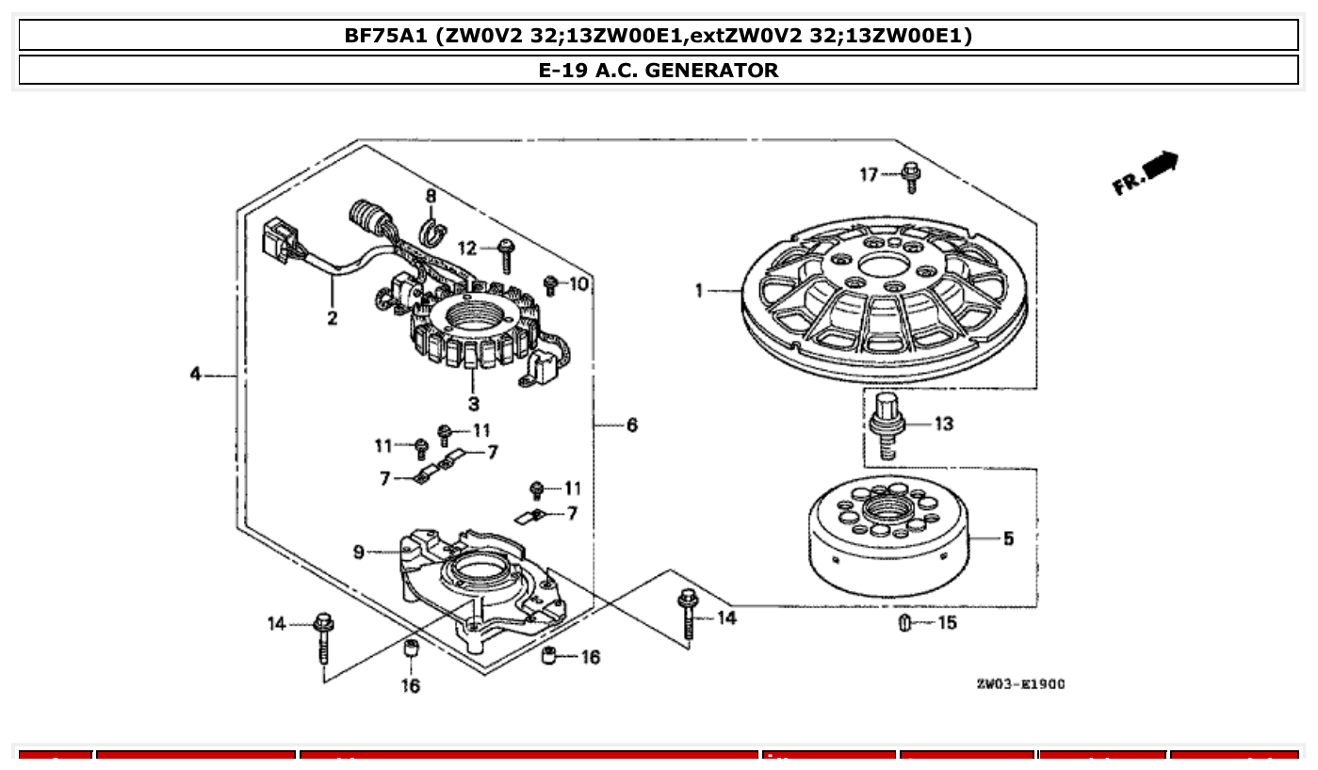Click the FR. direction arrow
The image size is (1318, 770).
coord(1146,173)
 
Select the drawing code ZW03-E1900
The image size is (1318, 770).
coord(1020,684)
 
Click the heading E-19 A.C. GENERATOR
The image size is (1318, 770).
coord(659,70)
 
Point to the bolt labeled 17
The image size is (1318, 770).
coord(910,177)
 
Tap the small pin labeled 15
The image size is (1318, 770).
coord(903,623)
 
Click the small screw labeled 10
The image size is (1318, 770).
coord(552,285)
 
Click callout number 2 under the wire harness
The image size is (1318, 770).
coord(333,318)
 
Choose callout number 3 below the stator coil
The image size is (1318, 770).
coord(473,404)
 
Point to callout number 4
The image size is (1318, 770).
coord(195,375)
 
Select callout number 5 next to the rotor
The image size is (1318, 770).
coord(1008,539)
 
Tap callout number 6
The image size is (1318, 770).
coord(631,425)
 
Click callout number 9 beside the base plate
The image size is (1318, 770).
coord(359,553)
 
